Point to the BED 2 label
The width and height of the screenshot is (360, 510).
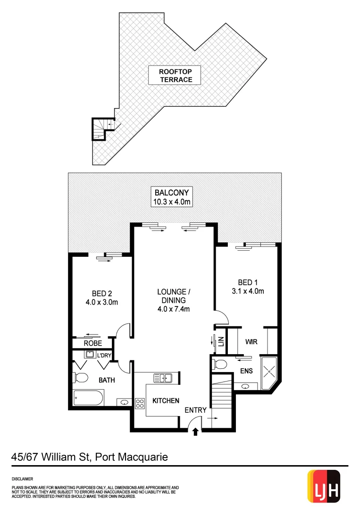click(101, 298)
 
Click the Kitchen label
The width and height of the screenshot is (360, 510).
click(166, 400)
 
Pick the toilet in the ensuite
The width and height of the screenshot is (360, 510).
click(219, 364)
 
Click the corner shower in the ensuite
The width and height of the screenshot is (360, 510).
click(270, 372)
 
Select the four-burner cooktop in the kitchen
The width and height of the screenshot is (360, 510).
click(140, 403)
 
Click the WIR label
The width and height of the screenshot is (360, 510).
click(251, 341)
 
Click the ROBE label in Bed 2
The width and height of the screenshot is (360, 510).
click(93, 343)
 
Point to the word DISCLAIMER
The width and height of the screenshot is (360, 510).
click(23, 478)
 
